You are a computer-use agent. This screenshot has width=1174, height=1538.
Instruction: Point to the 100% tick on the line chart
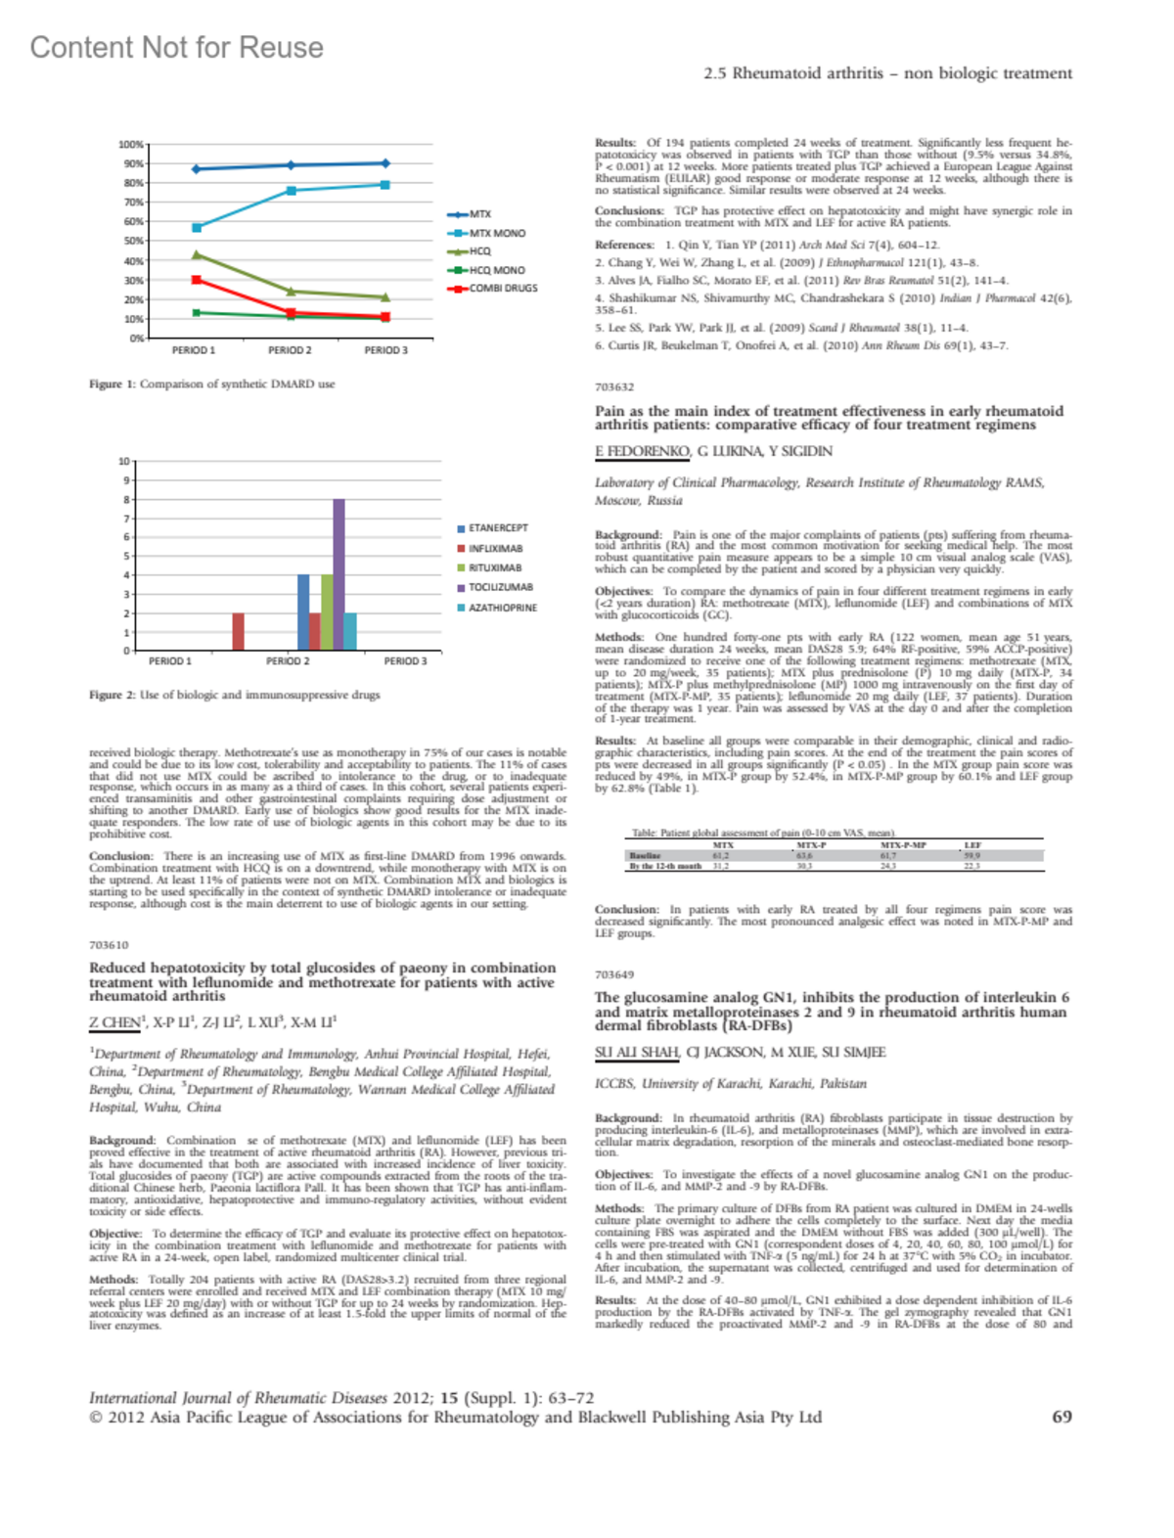131,145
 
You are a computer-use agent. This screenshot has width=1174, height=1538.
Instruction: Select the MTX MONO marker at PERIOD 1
197,227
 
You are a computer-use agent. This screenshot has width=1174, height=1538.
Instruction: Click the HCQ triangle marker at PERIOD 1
197,254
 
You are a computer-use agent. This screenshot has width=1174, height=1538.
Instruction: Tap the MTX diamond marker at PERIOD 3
385,163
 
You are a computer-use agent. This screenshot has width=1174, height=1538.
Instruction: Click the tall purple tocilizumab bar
339,574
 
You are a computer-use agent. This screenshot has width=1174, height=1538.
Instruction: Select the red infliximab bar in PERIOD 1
238,631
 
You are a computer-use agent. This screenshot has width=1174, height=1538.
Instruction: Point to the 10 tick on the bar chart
124,461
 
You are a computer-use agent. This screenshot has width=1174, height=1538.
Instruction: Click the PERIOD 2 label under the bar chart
288,661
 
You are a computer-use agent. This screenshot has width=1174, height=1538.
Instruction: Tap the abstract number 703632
614,387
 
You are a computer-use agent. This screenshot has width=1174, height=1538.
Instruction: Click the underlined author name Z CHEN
114,1022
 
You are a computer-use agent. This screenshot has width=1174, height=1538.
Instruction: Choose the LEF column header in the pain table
972,844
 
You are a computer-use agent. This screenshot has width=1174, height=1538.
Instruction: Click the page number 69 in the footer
1061,1417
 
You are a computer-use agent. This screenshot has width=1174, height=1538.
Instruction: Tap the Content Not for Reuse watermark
176,47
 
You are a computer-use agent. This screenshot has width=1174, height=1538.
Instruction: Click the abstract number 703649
614,974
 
